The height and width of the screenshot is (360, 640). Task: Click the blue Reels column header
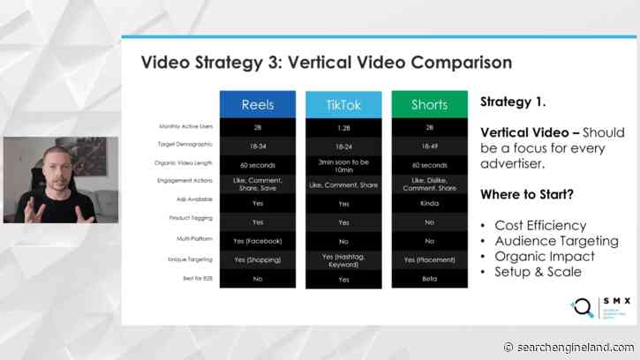pyautogui.click(x=257, y=104)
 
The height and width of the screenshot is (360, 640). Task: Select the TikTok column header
pyautogui.click(x=343, y=104)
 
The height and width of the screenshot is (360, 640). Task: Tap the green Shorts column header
pyautogui.click(x=429, y=104)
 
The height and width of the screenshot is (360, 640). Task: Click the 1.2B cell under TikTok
pyautogui.click(x=343, y=128)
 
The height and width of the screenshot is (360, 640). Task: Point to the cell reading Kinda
pyautogui.click(x=429, y=202)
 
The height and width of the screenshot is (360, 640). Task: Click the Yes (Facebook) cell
pyautogui.click(x=257, y=240)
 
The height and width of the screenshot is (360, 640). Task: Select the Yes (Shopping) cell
pyautogui.click(x=257, y=259)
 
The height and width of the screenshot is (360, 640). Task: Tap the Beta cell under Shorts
pyautogui.click(x=429, y=278)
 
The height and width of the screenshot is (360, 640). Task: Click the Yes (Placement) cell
pyautogui.click(x=429, y=259)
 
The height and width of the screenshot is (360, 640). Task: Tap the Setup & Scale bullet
pyautogui.click(x=538, y=272)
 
